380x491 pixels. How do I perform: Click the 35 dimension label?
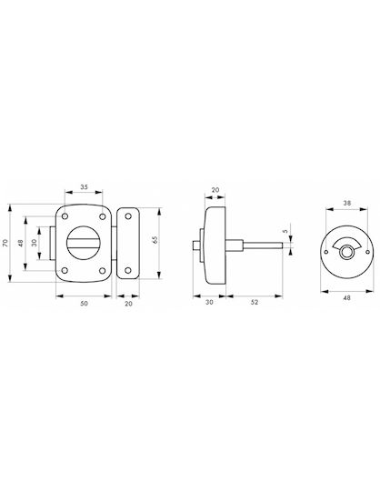pos(84,187)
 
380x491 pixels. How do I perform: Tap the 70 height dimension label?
pos(5,243)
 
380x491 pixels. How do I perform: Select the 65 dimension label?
pos(155,240)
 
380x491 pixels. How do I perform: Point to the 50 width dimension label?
pos(84,303)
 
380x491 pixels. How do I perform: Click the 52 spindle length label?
pos(255,302)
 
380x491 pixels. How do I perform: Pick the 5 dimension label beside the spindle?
pos(285,231)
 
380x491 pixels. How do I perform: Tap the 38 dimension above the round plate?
pos(347,203)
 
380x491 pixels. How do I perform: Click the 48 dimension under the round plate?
pos(347,298)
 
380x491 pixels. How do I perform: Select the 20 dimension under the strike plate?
pos(129,304)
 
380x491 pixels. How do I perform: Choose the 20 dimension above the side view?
pos(215,190)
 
